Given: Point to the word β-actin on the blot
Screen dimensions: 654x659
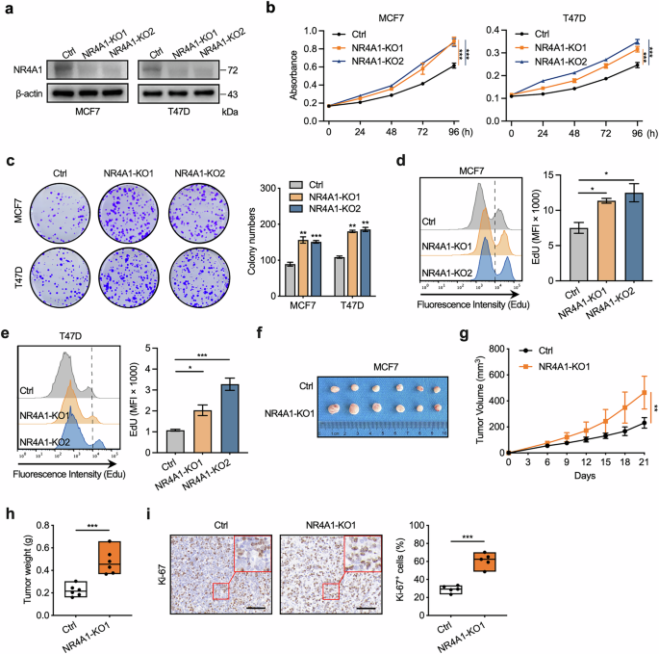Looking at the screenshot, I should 30,94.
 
